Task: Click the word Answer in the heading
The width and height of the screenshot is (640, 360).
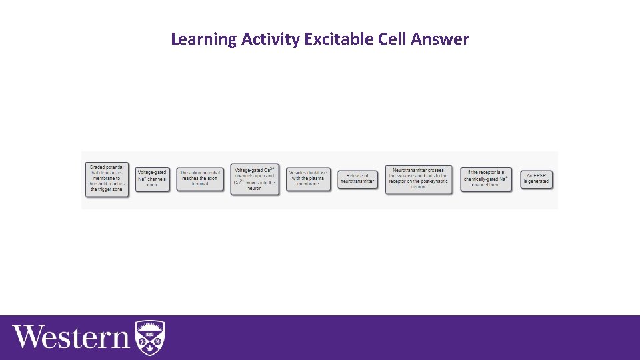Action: (441, 39)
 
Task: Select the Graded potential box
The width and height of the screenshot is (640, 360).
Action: (107, 179)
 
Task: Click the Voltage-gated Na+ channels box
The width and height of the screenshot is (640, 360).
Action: (152, 179)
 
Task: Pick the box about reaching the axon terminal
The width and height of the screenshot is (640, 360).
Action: (199, 179)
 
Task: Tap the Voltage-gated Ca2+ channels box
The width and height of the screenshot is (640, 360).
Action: (255, 179)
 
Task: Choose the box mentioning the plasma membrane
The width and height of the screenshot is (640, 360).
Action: (308, 179)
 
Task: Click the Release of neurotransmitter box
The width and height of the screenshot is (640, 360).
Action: (357, 179)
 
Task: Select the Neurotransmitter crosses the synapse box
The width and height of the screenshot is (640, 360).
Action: (419, 179)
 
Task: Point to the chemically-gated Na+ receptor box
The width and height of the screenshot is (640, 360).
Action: (486, 179)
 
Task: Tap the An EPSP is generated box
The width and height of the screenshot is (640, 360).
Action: (537, 179)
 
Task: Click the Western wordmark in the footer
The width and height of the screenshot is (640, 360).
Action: (71, 337)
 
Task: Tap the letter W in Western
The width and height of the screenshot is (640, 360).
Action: (28, 337)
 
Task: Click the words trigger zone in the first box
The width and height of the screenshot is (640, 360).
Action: (107, 190)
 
